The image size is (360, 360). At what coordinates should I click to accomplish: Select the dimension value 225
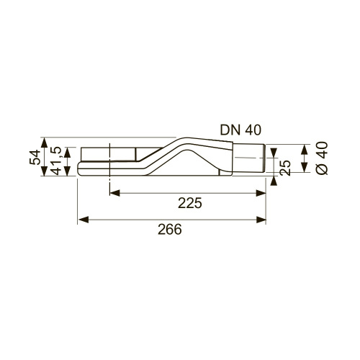point(189,203)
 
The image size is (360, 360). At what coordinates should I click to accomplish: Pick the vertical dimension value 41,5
point(55,160)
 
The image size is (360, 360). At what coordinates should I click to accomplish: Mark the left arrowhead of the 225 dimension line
point(114,191)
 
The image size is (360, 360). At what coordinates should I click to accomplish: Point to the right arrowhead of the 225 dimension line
point(262,191)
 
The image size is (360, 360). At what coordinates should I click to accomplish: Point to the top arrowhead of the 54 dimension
point(45,142)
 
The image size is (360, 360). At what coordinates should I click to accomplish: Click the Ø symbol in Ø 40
point(322,169)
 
